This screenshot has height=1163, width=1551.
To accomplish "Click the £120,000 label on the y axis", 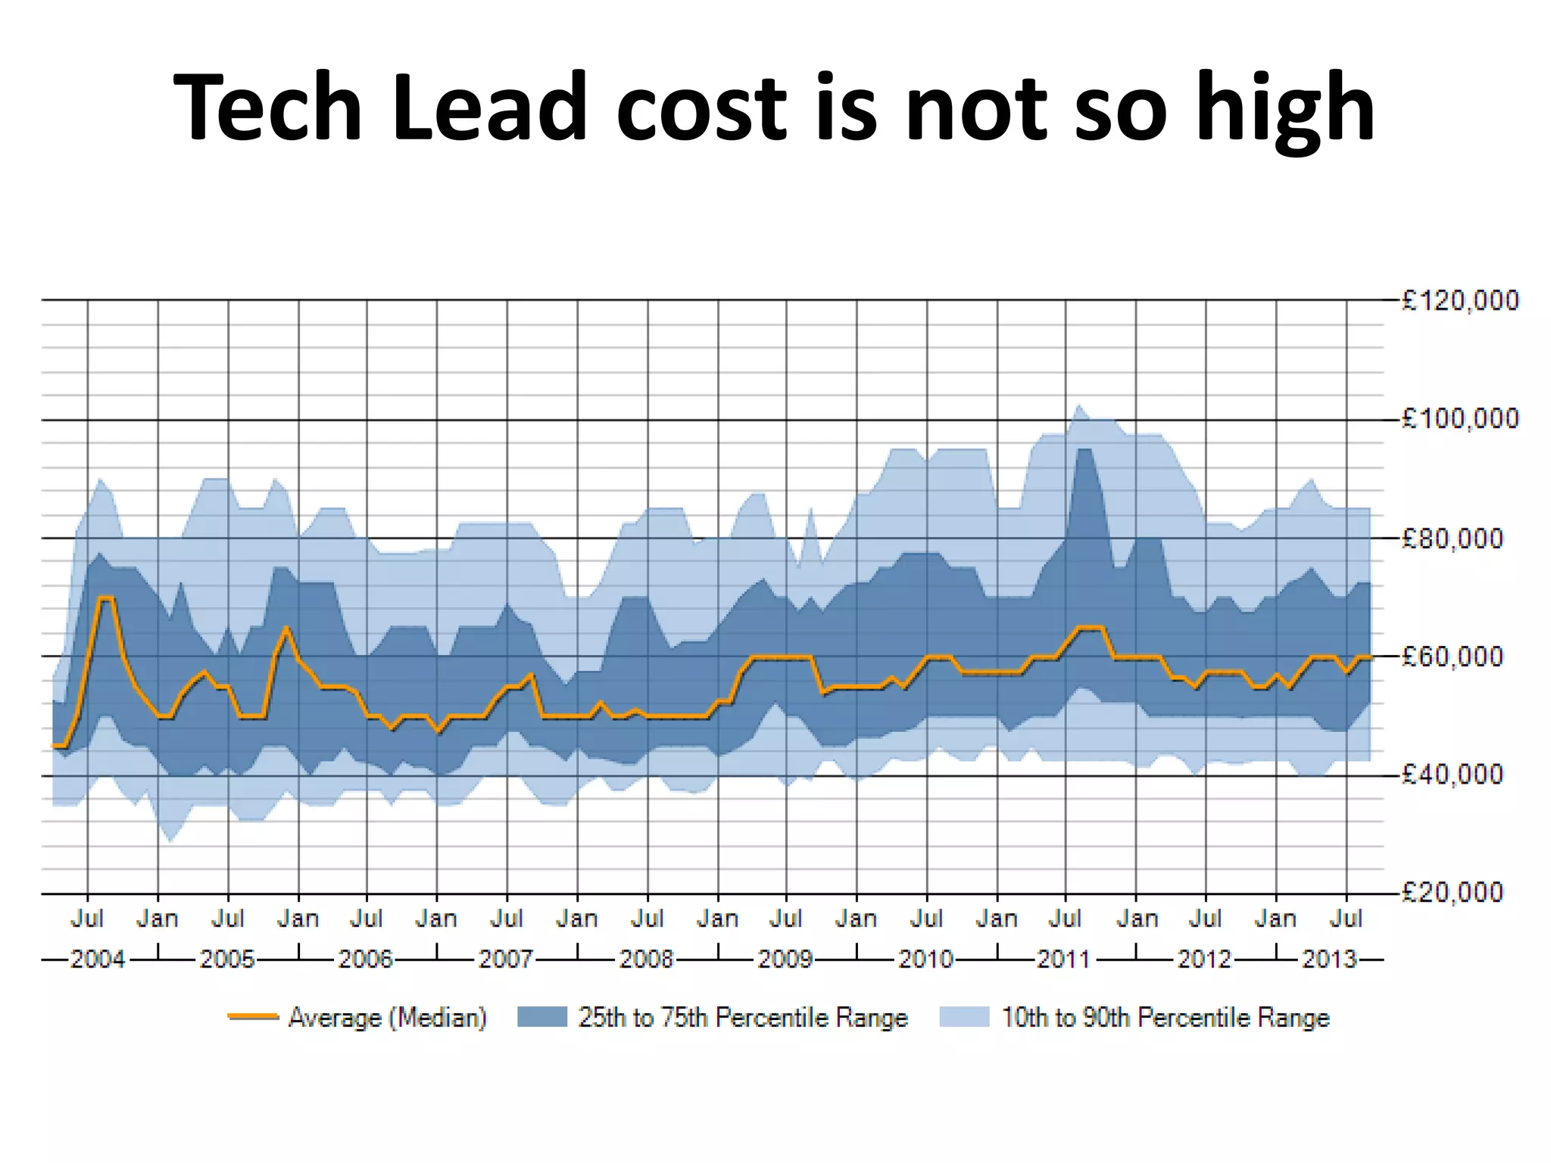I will point(1459,301).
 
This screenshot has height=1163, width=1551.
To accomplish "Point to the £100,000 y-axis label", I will point(1459,419).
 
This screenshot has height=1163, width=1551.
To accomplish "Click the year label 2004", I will point(97,959).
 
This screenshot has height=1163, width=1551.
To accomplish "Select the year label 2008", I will point(646,959).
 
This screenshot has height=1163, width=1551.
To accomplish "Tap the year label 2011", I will point(1063,959).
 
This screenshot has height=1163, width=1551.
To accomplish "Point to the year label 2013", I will point(1329,959).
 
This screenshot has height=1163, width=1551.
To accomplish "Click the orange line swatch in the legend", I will point(253,1017).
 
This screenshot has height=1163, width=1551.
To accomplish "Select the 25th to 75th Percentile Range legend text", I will point(742,1017).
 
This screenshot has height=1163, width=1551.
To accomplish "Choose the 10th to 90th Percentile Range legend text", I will point(1165,1017).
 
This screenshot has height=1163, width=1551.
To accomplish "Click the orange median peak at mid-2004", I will point(106,598).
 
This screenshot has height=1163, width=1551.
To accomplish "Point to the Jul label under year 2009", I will point(786,918).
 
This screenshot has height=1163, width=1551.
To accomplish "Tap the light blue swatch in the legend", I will point(964,1017).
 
